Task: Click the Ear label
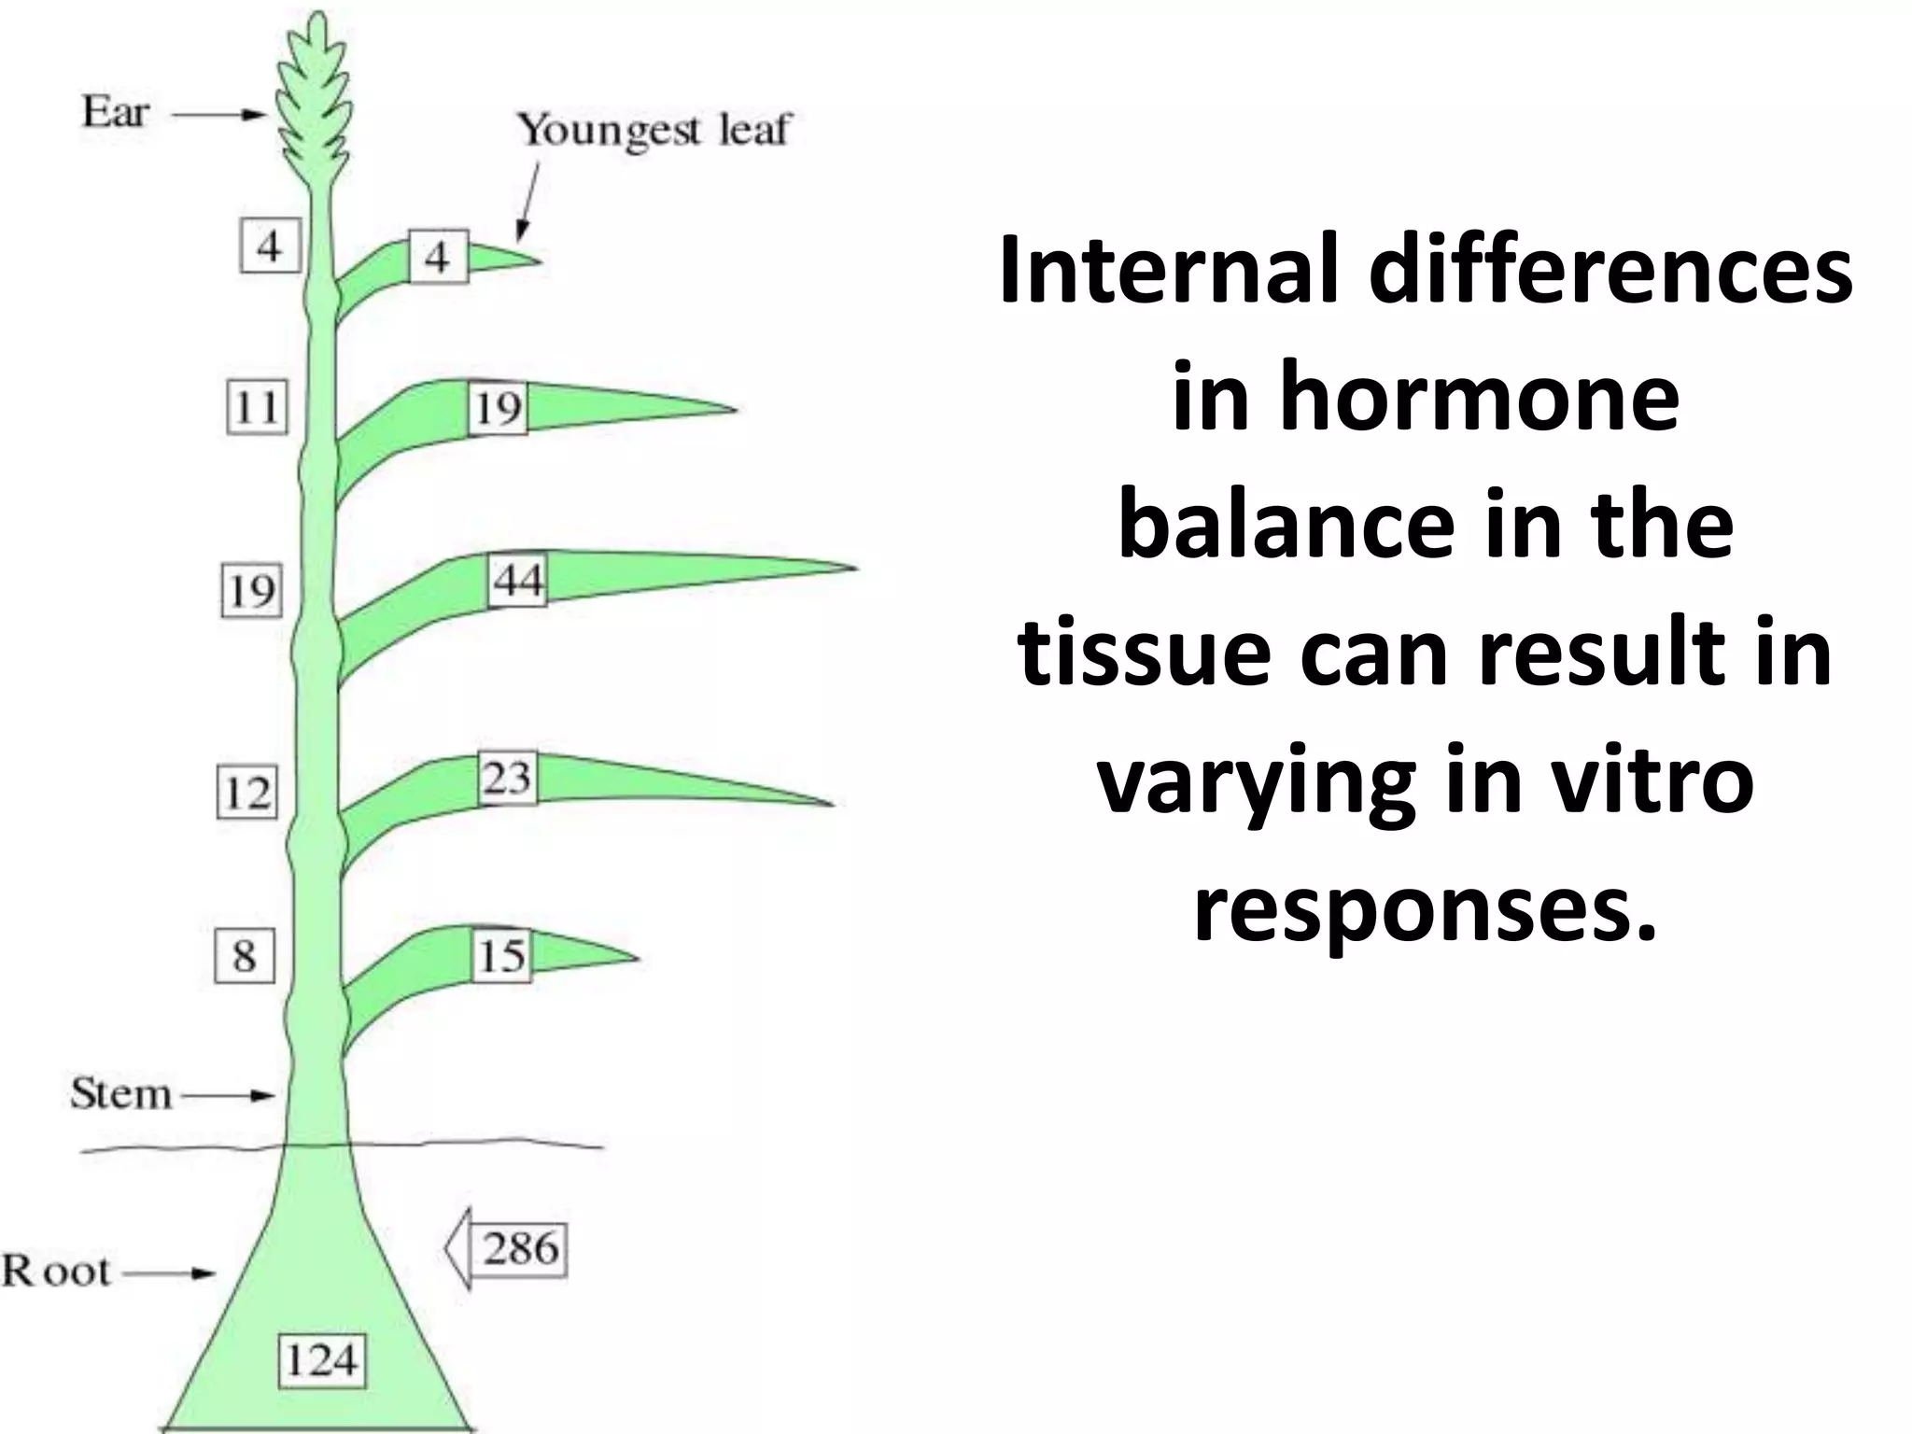tap(116, 113)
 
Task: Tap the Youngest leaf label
tap(654, 131)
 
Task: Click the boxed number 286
tap(520, 1249)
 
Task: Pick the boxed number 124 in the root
tap(322, 1359)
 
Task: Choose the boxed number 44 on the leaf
tap(518, 581)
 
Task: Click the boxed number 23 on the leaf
tap(508, 778)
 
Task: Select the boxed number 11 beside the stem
tap(257, 408)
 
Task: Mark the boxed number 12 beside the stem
tap(247, 793)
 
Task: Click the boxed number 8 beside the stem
tap(245, 956)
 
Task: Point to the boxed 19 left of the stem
tap(251, 591)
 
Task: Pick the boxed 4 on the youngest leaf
tap(437, 257)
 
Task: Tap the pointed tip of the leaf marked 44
tap(853, 567)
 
